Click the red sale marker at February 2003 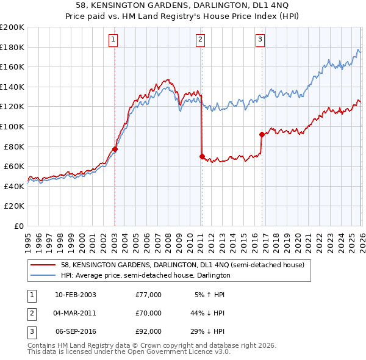(115, 149)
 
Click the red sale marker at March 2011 (202, 156)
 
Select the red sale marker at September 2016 (262, 134)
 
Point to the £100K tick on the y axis (12, 126)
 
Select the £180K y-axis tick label (12, 47)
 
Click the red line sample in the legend (43, 265)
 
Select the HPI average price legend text (145, 276)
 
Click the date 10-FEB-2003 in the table (75, 295)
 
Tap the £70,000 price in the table (148, 313)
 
